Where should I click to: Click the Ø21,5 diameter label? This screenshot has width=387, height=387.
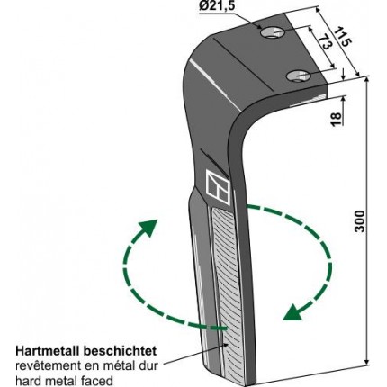[x=218, y=6]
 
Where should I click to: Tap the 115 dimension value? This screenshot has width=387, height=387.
[x=342, y=36]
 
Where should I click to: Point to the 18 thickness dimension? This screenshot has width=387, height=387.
[x=337, y=120]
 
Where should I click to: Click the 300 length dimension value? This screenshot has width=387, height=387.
[x=360, y=221]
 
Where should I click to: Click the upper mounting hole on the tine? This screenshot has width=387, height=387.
[x=273, y=32]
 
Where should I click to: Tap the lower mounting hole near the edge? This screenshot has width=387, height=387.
[x=298, y=76]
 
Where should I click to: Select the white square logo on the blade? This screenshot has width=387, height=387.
[x=218, y=188]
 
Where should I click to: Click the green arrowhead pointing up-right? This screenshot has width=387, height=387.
[x=148, y=228]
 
